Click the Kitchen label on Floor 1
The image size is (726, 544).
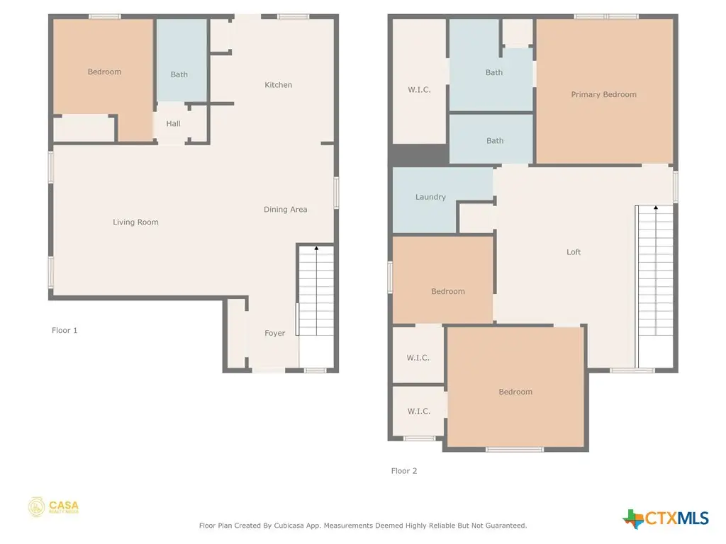(x=278, y=85)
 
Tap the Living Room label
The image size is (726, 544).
(x=135, y=222)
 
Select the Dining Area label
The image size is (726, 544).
(x=285, y=210)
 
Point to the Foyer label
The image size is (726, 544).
(x=274, y=334)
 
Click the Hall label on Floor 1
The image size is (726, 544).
(x=173, y=124)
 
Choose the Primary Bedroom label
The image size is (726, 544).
(x=603, y=95)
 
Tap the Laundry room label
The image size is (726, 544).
(x=430, y=197)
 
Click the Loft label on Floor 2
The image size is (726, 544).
(x=574, y=252)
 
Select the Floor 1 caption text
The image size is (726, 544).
(x=65, y=331)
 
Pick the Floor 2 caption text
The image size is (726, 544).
(x=404, y=471)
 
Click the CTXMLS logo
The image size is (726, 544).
(x=666, y=518)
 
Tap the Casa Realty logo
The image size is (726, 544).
(x=54, y=507)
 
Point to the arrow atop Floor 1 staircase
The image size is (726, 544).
(x=315, y=249)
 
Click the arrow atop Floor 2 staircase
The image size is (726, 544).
(x=656, y=208)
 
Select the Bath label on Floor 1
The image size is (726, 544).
(x=179, y=74)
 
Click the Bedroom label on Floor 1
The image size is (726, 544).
(x=104, y=72)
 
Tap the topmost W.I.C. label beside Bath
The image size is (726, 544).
(x=418, y=90)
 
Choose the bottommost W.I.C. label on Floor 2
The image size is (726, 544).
(x=418, y=412)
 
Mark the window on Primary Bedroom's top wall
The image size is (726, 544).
(x=606, y=16)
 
